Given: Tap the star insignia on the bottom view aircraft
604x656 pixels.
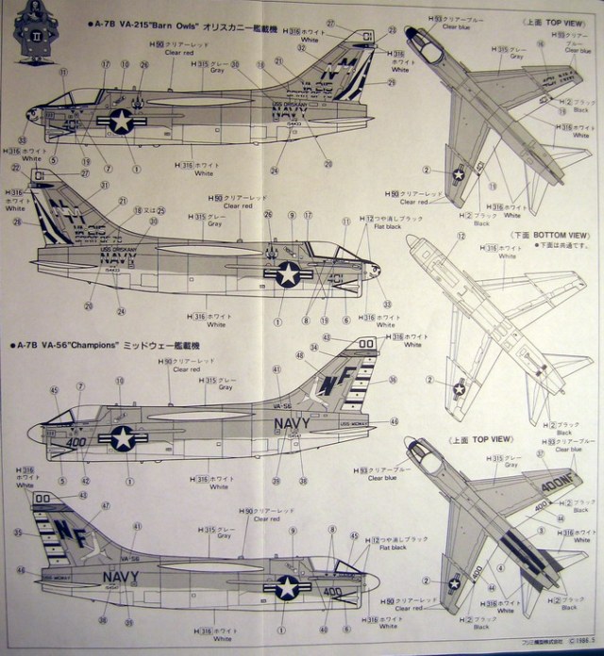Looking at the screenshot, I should (460, 387).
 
